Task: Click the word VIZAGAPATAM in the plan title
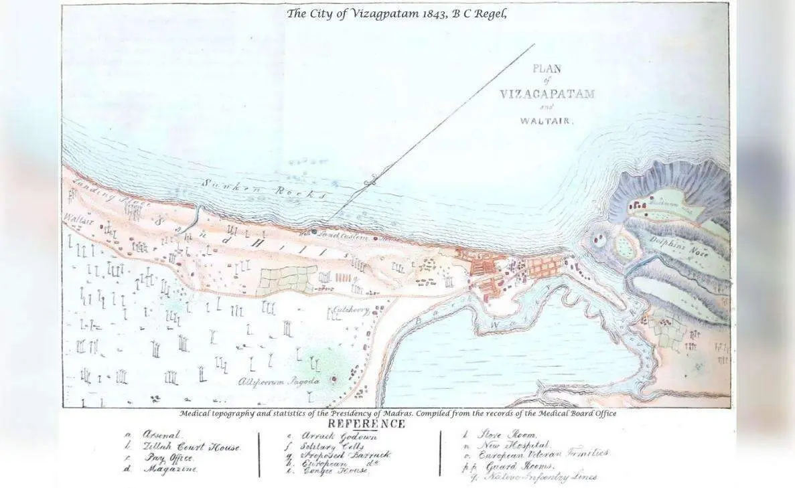tap(547, 94)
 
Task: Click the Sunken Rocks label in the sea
tap(264, 189)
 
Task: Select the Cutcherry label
tap(344, 311)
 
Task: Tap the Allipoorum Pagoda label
tap(279, 381)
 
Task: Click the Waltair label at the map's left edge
tap(78, 220)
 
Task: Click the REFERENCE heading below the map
tap(366, 424)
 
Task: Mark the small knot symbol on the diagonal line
tap(370, 180)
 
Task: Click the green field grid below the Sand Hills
tap(287, 279)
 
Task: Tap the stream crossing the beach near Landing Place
tap(196, 216)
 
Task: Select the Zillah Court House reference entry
tap(191, 446)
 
